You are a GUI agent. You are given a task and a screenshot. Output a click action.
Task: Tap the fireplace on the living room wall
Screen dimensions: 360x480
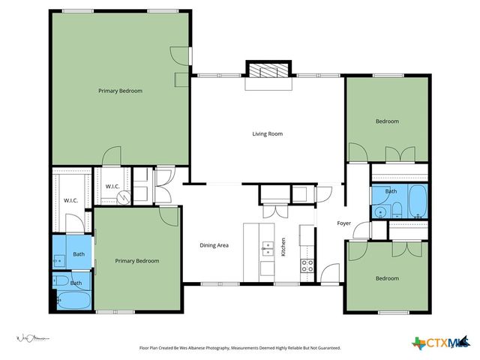tap(266, 71)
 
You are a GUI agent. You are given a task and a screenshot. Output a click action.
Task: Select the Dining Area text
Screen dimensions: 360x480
tap(214, 245)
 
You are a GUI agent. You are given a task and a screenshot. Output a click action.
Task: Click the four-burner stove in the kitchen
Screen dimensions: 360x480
tap(306, 264)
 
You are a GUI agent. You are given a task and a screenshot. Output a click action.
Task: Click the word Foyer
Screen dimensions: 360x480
tap(343, 223)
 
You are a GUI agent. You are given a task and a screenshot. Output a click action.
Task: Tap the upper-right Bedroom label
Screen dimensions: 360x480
tap(387, 121)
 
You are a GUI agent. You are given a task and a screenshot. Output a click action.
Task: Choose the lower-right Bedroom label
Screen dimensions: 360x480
tap(387, 278)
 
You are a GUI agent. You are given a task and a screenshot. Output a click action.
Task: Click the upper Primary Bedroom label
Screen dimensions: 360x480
tap(120, 91)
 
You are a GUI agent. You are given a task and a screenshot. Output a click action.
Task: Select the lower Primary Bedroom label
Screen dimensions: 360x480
tap(136, 261)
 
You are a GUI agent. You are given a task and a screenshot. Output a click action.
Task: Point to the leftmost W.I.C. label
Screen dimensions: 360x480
tap(71, 200)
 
